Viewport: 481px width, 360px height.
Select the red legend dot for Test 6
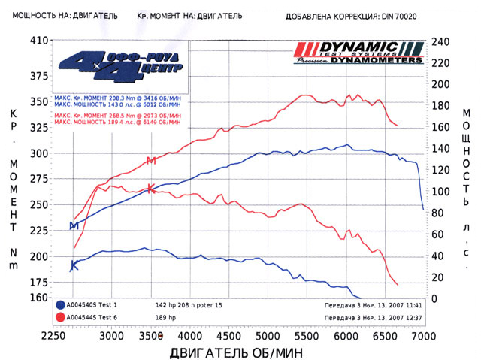(x=59, y=316)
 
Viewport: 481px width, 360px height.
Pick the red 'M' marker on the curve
(x=151, y=160)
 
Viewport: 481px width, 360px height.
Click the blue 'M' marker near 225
(x=74, y=225)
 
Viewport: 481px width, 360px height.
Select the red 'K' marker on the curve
(x=151, y=189)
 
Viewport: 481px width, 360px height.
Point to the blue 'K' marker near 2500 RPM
(x=74, y=265)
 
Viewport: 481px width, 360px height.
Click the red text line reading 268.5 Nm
(x=117, y=116)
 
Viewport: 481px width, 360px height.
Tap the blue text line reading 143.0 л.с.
(x=117, y=105)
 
